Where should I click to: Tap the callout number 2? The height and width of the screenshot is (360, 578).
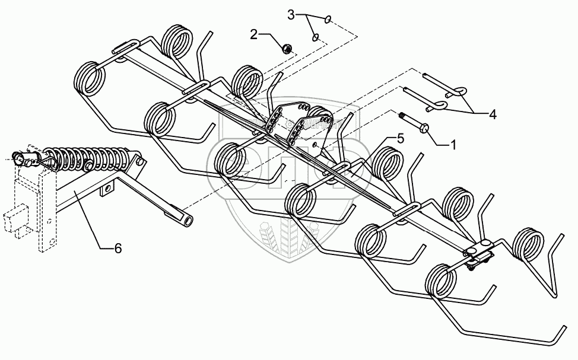(254, 34)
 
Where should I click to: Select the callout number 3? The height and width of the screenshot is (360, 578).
(291, 15)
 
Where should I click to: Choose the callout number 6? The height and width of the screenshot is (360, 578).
(117, 249)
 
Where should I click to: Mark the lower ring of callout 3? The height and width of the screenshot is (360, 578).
(316, 37)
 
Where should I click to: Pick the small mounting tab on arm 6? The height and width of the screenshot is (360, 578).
(107, 190)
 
